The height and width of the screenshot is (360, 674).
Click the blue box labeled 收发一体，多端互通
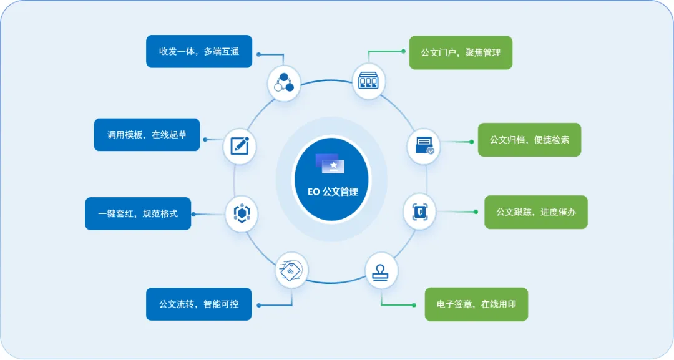(199, 51)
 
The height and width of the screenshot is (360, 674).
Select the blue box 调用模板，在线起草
(147, 135)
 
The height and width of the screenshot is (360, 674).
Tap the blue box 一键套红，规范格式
(138, 213)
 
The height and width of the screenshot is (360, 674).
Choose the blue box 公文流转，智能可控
(199, 304)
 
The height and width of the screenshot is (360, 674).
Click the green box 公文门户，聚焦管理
(461, 52)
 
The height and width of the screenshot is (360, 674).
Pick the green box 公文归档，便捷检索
(529, 140)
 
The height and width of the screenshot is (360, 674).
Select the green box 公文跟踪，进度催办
(536, 212)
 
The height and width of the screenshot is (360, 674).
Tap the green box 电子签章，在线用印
(476, 304)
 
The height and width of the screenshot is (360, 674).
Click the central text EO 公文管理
(333, 192)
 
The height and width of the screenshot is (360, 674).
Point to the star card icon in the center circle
(331, 163)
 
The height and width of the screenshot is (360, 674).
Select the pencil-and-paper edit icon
(240, 146)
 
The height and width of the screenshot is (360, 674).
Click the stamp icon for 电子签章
(381, 269)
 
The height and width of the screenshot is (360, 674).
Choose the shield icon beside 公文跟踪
(420, 210)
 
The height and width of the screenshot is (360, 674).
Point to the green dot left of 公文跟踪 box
(476, 212)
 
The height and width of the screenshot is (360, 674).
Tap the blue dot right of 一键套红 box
(193, 214)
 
